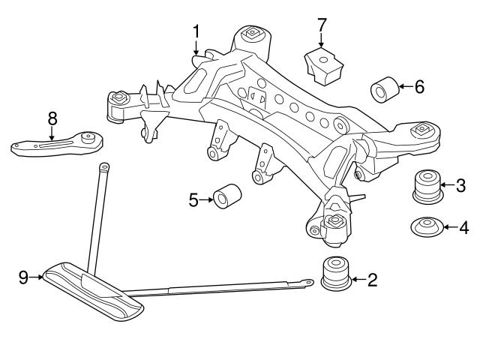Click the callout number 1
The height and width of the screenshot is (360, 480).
coord(196,31)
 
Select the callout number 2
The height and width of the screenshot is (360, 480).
coord(372,280)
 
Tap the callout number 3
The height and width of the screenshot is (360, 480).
coord(461,184)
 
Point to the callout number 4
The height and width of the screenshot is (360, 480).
coord(464,226)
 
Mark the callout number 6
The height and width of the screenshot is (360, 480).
coord(418,87)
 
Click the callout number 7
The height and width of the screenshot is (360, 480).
coord(322,25)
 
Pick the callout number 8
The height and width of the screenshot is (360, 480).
coord(52,118)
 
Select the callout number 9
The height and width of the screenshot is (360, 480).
coord(23,277)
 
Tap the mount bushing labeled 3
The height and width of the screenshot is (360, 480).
coord(425,187)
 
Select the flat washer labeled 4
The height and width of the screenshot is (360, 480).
coord(426,226)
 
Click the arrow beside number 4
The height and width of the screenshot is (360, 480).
coord(448,226)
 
